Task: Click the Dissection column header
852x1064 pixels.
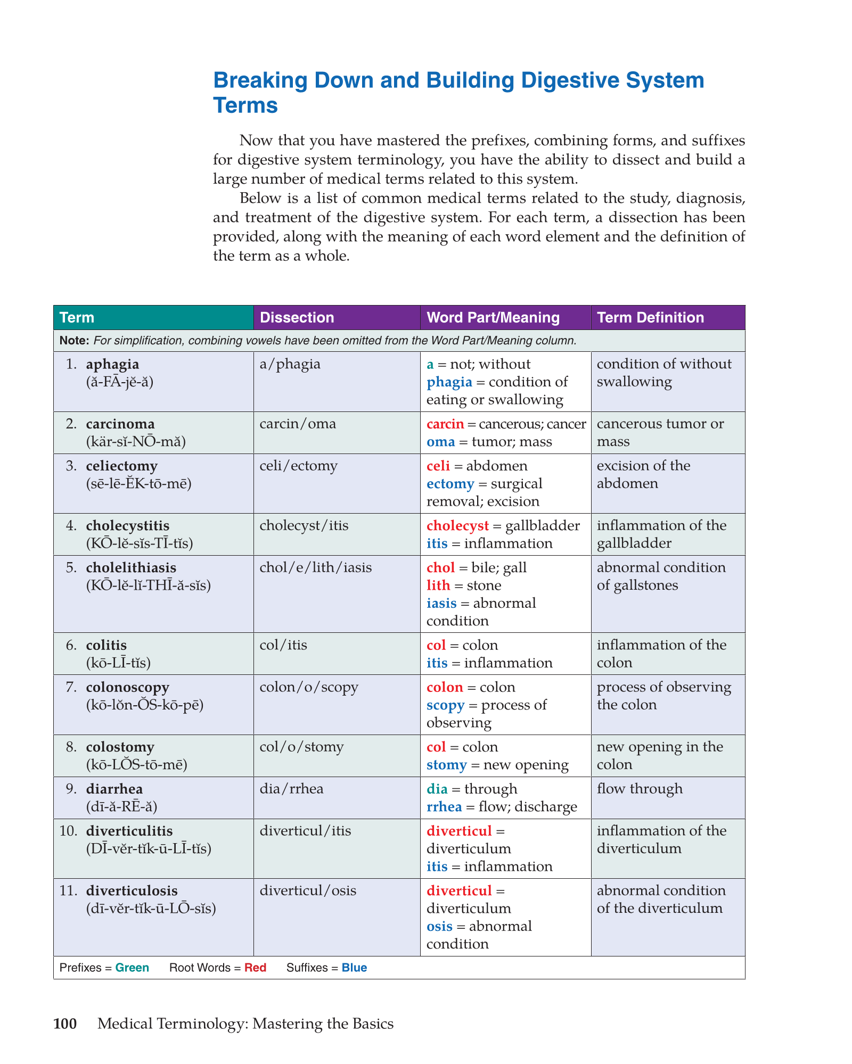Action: pos(297,318)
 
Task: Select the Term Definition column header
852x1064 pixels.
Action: pos(650,318)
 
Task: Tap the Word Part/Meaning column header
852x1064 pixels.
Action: pos(493,318)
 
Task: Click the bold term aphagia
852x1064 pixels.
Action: pos(112,364)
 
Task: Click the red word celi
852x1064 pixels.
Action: pos(438,466)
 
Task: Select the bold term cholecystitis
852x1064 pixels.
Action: pos(127,526)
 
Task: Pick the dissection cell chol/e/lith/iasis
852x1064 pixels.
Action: pos(315,568)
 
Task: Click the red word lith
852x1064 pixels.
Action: pos(438,585)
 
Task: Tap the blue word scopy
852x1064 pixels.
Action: pos(445,705)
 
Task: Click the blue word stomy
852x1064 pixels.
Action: pos(446,765)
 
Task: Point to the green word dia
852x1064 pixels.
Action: pos(437,789)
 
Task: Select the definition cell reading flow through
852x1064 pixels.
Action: pos(639,789)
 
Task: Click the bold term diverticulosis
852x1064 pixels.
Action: pos(132,890)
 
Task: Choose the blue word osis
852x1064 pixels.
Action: pos(439,926)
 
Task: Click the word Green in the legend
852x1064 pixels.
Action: pos(132,968)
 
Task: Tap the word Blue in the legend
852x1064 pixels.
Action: pos(354,968)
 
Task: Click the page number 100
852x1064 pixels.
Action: pos(65,1024)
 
